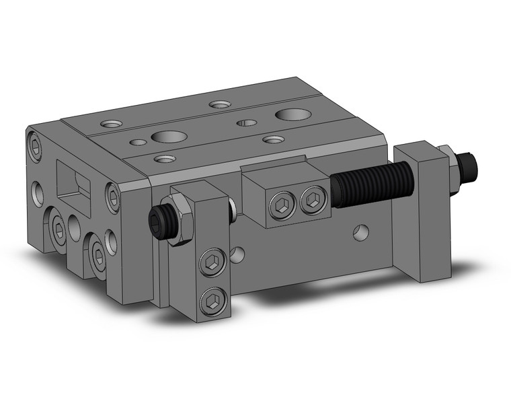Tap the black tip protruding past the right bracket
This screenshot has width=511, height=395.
(469, 164)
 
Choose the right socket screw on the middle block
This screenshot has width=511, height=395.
(311, 200)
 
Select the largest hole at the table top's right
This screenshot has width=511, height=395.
(290, 114)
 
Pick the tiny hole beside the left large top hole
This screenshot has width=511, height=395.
(139, 142)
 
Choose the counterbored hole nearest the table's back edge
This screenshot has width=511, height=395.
(219, 104)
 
